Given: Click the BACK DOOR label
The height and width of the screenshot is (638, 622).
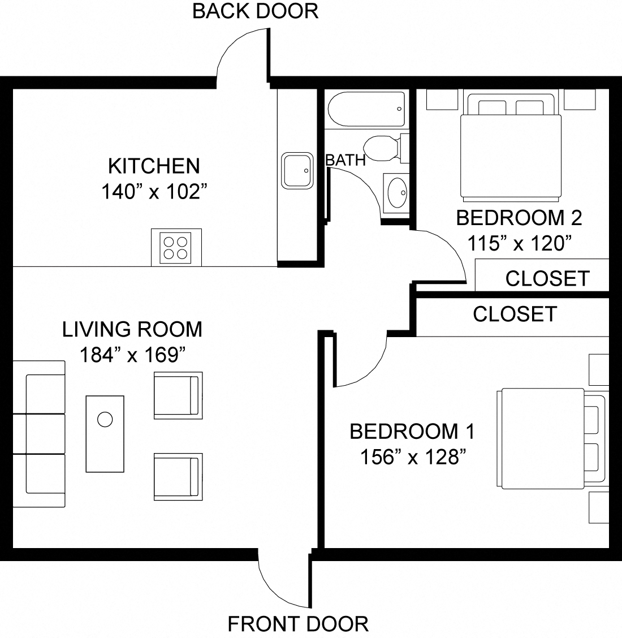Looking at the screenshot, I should click(x=255, y=11).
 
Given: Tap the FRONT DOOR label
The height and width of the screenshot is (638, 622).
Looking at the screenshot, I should click(x=297, y=624).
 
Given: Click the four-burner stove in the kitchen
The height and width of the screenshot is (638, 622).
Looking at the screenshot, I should click(x=176, y=248).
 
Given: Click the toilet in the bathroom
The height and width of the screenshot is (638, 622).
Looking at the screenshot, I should click(x=385, y=148).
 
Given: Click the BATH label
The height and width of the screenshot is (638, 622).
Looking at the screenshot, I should click(x=345, y=161).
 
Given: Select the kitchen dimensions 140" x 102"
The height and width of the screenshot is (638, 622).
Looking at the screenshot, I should click(x=152, y=192).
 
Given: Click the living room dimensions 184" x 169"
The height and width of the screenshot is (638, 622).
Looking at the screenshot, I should click(x=132, y=355).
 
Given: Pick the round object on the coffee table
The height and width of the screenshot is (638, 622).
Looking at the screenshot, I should click(x=105, y=420).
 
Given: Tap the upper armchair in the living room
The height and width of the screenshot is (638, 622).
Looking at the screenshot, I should click(x=178, y=395).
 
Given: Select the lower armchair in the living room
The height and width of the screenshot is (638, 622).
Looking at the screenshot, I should click(x=178, y=476).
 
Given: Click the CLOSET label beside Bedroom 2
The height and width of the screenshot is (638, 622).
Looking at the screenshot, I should click(x=547, y=278).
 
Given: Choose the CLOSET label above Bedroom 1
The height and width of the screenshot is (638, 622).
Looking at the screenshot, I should click(x=515, y=314).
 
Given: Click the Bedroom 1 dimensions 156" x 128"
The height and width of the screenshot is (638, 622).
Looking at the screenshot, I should click(x=412, y=457).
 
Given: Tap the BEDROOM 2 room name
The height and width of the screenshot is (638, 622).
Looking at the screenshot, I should click(x=519, y=218).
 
